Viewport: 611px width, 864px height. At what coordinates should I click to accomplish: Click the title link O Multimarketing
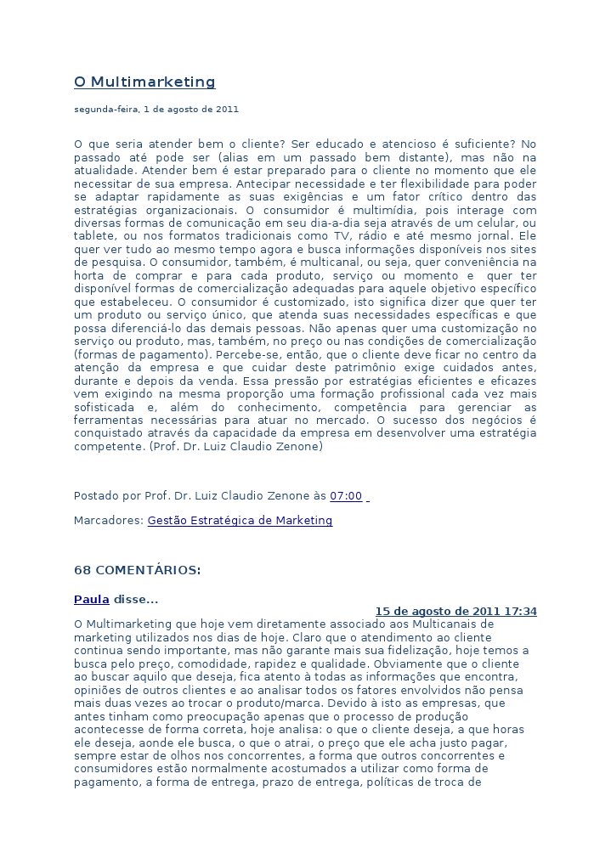[x=144, y=82]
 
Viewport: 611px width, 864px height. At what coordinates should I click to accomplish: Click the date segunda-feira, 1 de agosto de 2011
[x=156, y=110]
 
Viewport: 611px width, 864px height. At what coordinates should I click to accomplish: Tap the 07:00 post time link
[x=346, y=496]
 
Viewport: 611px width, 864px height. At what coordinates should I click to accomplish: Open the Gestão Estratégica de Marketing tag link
[x=240, y=520]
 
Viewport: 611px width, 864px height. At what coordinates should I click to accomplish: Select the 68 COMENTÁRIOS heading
[x=138, y=569]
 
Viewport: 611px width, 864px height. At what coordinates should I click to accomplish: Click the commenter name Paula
[x=91, y=600]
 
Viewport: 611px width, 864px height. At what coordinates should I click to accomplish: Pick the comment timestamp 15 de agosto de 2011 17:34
[x=455, y=612]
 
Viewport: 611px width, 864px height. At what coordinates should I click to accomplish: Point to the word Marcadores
[x=108, y=520]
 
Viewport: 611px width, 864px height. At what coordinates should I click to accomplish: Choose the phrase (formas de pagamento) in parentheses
[x=142, y=354]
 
